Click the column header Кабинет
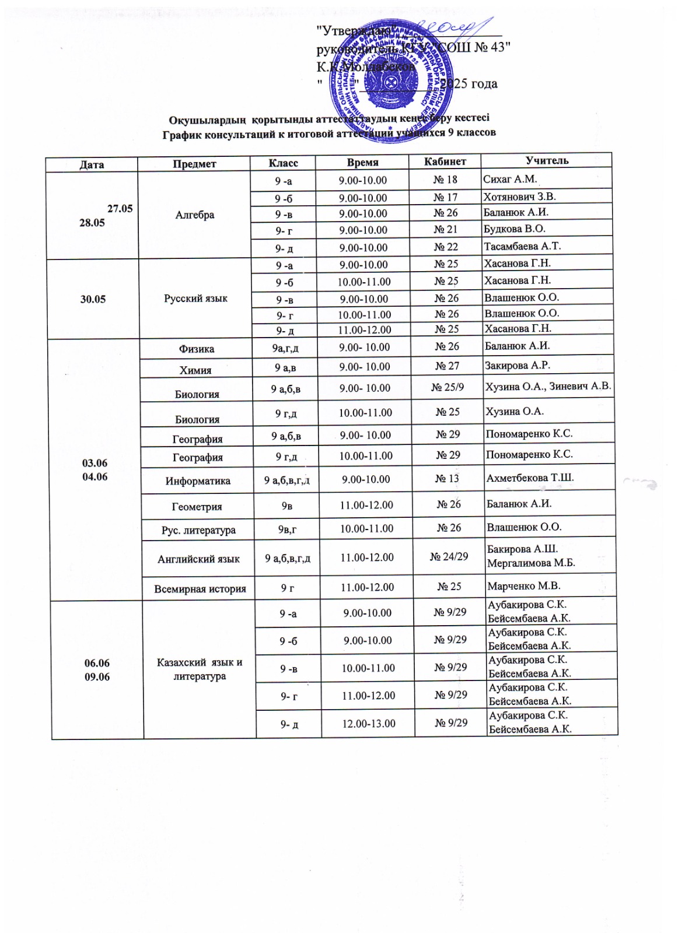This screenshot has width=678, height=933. click(x=445, y=162)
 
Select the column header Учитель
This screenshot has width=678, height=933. click(x=547, y=160)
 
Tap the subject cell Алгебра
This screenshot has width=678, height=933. click(x=195, y=215)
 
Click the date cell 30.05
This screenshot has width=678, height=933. click(x=93, y=299)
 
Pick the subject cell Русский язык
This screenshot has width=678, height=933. click(x=196, y=299)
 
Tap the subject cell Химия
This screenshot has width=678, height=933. click(x=196, y=370)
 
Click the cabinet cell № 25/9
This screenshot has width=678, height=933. click(x=448, y=387)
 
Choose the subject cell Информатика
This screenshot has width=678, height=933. click(x=198, y=481)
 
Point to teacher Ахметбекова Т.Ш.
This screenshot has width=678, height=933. click(x=530, y=478)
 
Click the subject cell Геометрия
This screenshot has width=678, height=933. click(x=197, y=507)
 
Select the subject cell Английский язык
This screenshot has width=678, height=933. click(x=198, y=559)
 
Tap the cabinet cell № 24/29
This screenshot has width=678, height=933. click(x=449, y=556)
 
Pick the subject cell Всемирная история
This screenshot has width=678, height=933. click(x=200, y=589)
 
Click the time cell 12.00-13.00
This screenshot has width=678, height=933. click(x=369, y=724)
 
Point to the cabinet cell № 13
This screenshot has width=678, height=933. click(x=447, y=479)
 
